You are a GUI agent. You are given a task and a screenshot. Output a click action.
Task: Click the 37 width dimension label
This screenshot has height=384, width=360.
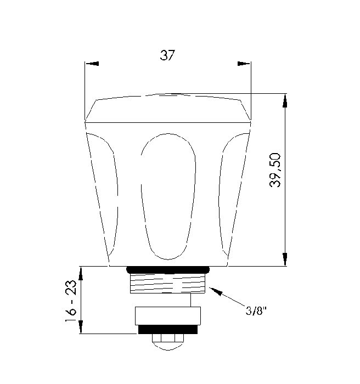click(167, 55)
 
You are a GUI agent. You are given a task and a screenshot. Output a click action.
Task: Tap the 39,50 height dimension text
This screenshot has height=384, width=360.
click(275, 170)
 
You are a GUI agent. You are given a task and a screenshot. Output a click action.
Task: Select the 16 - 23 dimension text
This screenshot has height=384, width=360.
click(71, 301)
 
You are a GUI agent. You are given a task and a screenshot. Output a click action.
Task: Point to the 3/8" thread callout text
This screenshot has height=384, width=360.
click(256, 311)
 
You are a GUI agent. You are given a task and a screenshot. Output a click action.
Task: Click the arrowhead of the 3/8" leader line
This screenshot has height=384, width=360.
click(215, 291)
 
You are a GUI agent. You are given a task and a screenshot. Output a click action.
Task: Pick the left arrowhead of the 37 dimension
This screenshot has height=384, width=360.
click(93, 64)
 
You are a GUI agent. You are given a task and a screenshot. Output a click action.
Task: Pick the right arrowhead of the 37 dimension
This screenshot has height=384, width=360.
click(243, 64)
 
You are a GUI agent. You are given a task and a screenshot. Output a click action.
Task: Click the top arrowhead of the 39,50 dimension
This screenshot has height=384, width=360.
click(285, 100)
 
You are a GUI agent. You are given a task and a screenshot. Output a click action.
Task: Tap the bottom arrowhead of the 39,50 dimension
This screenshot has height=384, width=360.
click(285, 259)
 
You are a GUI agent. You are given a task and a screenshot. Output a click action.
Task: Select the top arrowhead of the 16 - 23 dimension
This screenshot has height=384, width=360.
click(81, 274)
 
